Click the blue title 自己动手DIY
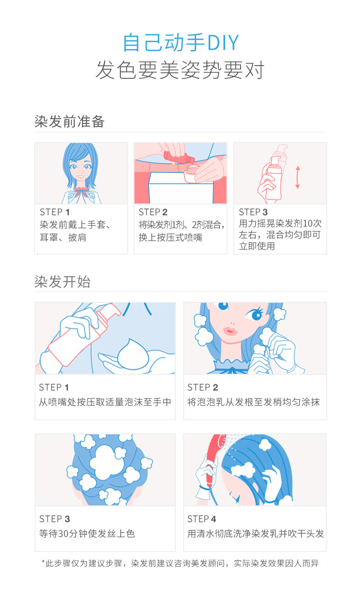point(181,42)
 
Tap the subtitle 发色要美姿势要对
point(180,70)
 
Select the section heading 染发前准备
point(69,122)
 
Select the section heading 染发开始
point(62,281)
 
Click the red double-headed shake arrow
point(298,177)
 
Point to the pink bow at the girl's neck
point(81,192)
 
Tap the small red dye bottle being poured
point(179,157)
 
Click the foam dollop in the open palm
point(133,353)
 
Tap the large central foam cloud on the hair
point(107,462)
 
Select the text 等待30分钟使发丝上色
point(87,534)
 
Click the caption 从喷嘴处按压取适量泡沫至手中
point(105,402)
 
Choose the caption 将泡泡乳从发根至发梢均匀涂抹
point(253,402)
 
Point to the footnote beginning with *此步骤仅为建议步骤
point(180,563)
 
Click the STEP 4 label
point(201,519)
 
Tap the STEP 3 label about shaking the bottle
point(253,212)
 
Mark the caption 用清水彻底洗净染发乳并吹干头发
point(255,534)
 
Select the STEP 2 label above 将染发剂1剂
point(153,212)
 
